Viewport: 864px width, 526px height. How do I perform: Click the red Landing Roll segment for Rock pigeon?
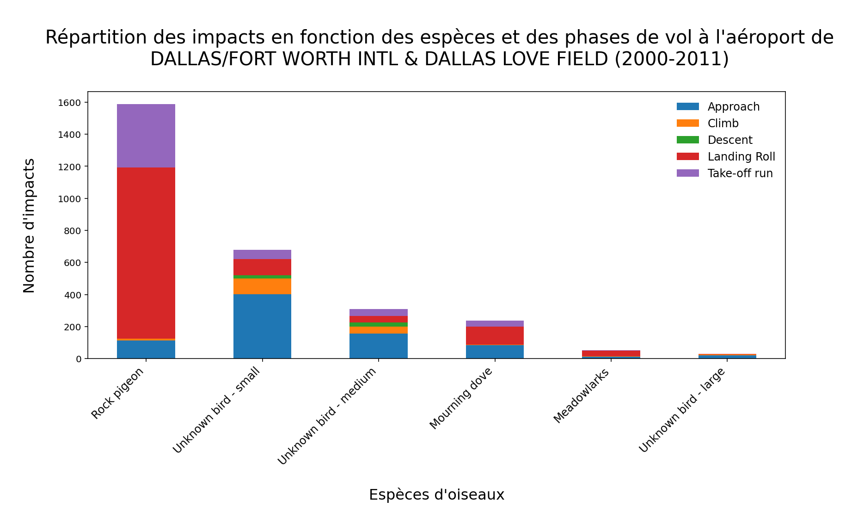click(146, 253)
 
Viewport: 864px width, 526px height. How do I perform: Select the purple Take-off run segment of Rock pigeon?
click(146, 136)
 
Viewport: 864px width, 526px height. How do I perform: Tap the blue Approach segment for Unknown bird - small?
click(262, 326)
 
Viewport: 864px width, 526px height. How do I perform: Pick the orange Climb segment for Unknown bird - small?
click(262, 286)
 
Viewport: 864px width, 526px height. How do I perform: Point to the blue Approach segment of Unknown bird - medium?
click(379, 346)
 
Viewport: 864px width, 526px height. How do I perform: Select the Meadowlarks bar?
click(611, 353)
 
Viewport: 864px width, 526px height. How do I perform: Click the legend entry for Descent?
click(729, 140)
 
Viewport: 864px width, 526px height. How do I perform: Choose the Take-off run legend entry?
click(740, 173)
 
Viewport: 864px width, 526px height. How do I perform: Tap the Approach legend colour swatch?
click(687, 107)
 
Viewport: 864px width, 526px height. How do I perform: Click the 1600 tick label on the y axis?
click(69, 103)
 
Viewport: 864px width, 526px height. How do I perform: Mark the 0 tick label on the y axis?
click(79, 359)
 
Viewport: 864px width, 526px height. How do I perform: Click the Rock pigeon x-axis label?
click(118, 393)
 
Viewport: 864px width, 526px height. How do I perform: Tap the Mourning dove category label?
click(461, 398)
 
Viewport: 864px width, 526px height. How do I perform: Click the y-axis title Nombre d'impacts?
click(29, 225)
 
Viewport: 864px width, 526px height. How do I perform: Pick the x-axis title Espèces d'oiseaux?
click(436, 495)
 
